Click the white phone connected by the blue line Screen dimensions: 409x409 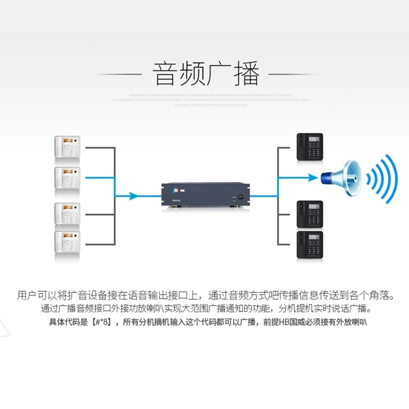[67, 177]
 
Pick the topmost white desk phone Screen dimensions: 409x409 [67, 146]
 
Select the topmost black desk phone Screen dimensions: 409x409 [310, 147]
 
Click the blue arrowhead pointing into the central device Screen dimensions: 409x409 [134, 195]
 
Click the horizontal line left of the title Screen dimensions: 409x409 [118, 74]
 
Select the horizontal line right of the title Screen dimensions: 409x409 [292, 74]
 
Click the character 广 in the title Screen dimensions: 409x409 [220, 74]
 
